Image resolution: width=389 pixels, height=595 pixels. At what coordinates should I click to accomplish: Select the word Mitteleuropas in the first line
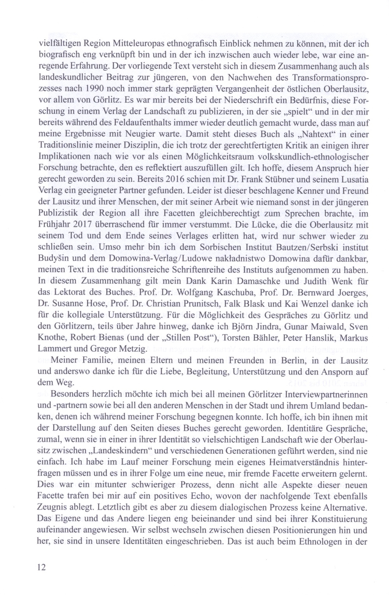[128, 45]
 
